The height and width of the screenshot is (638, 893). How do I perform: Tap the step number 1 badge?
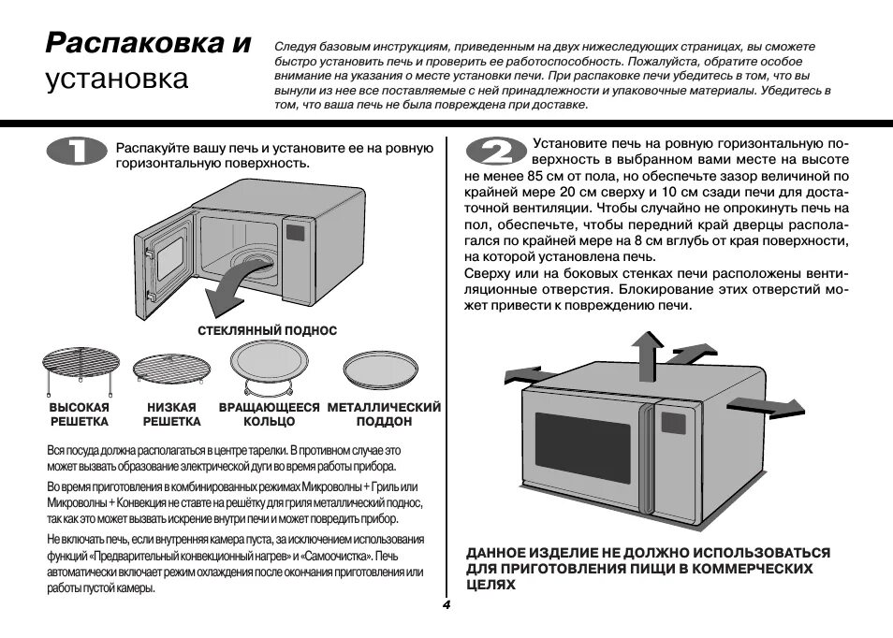76,154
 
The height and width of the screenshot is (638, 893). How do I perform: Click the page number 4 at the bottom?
446,605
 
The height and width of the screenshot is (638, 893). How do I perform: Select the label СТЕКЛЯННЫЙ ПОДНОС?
267,331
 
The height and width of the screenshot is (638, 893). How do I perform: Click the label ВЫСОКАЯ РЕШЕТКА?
79,414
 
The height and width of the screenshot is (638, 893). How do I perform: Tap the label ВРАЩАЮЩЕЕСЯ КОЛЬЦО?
269,414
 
